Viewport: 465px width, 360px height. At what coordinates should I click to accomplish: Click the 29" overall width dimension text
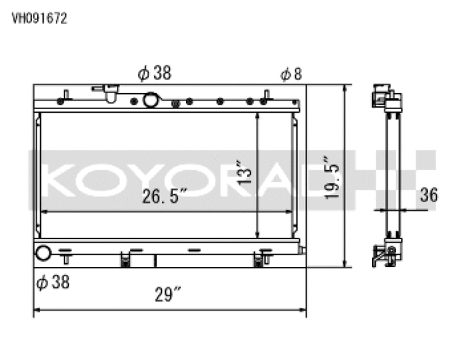tap(167, 295)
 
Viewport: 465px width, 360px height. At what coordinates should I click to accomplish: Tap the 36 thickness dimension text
tap(429, 195)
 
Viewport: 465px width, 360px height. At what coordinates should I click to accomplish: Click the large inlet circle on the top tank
tap(153, 100)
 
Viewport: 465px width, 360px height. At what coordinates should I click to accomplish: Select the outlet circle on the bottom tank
tap(44, 254)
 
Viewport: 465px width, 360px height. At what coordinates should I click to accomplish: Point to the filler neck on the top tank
tap(110, 93)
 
